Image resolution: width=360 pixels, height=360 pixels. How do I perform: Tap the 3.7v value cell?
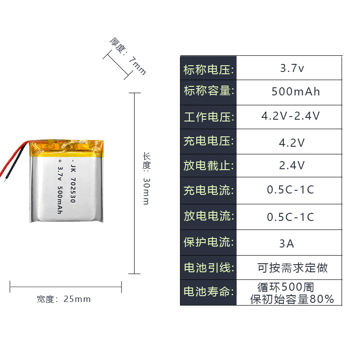[292, 69]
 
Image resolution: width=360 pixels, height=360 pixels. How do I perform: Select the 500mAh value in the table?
[296, 92]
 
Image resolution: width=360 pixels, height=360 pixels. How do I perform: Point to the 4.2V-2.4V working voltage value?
[291, 116]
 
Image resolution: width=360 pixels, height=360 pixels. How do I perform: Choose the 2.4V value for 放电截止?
[292, 166]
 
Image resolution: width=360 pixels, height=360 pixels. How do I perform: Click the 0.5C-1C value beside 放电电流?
[290, 217]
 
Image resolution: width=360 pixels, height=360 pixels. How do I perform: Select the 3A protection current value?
[287, 244]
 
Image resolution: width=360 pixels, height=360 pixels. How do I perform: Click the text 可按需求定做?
[292, 268]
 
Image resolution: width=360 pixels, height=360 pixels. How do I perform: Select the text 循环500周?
[286, 287]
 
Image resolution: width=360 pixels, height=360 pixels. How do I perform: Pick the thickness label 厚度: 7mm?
[128, 56]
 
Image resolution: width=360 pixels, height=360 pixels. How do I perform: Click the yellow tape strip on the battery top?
[67, 147]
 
